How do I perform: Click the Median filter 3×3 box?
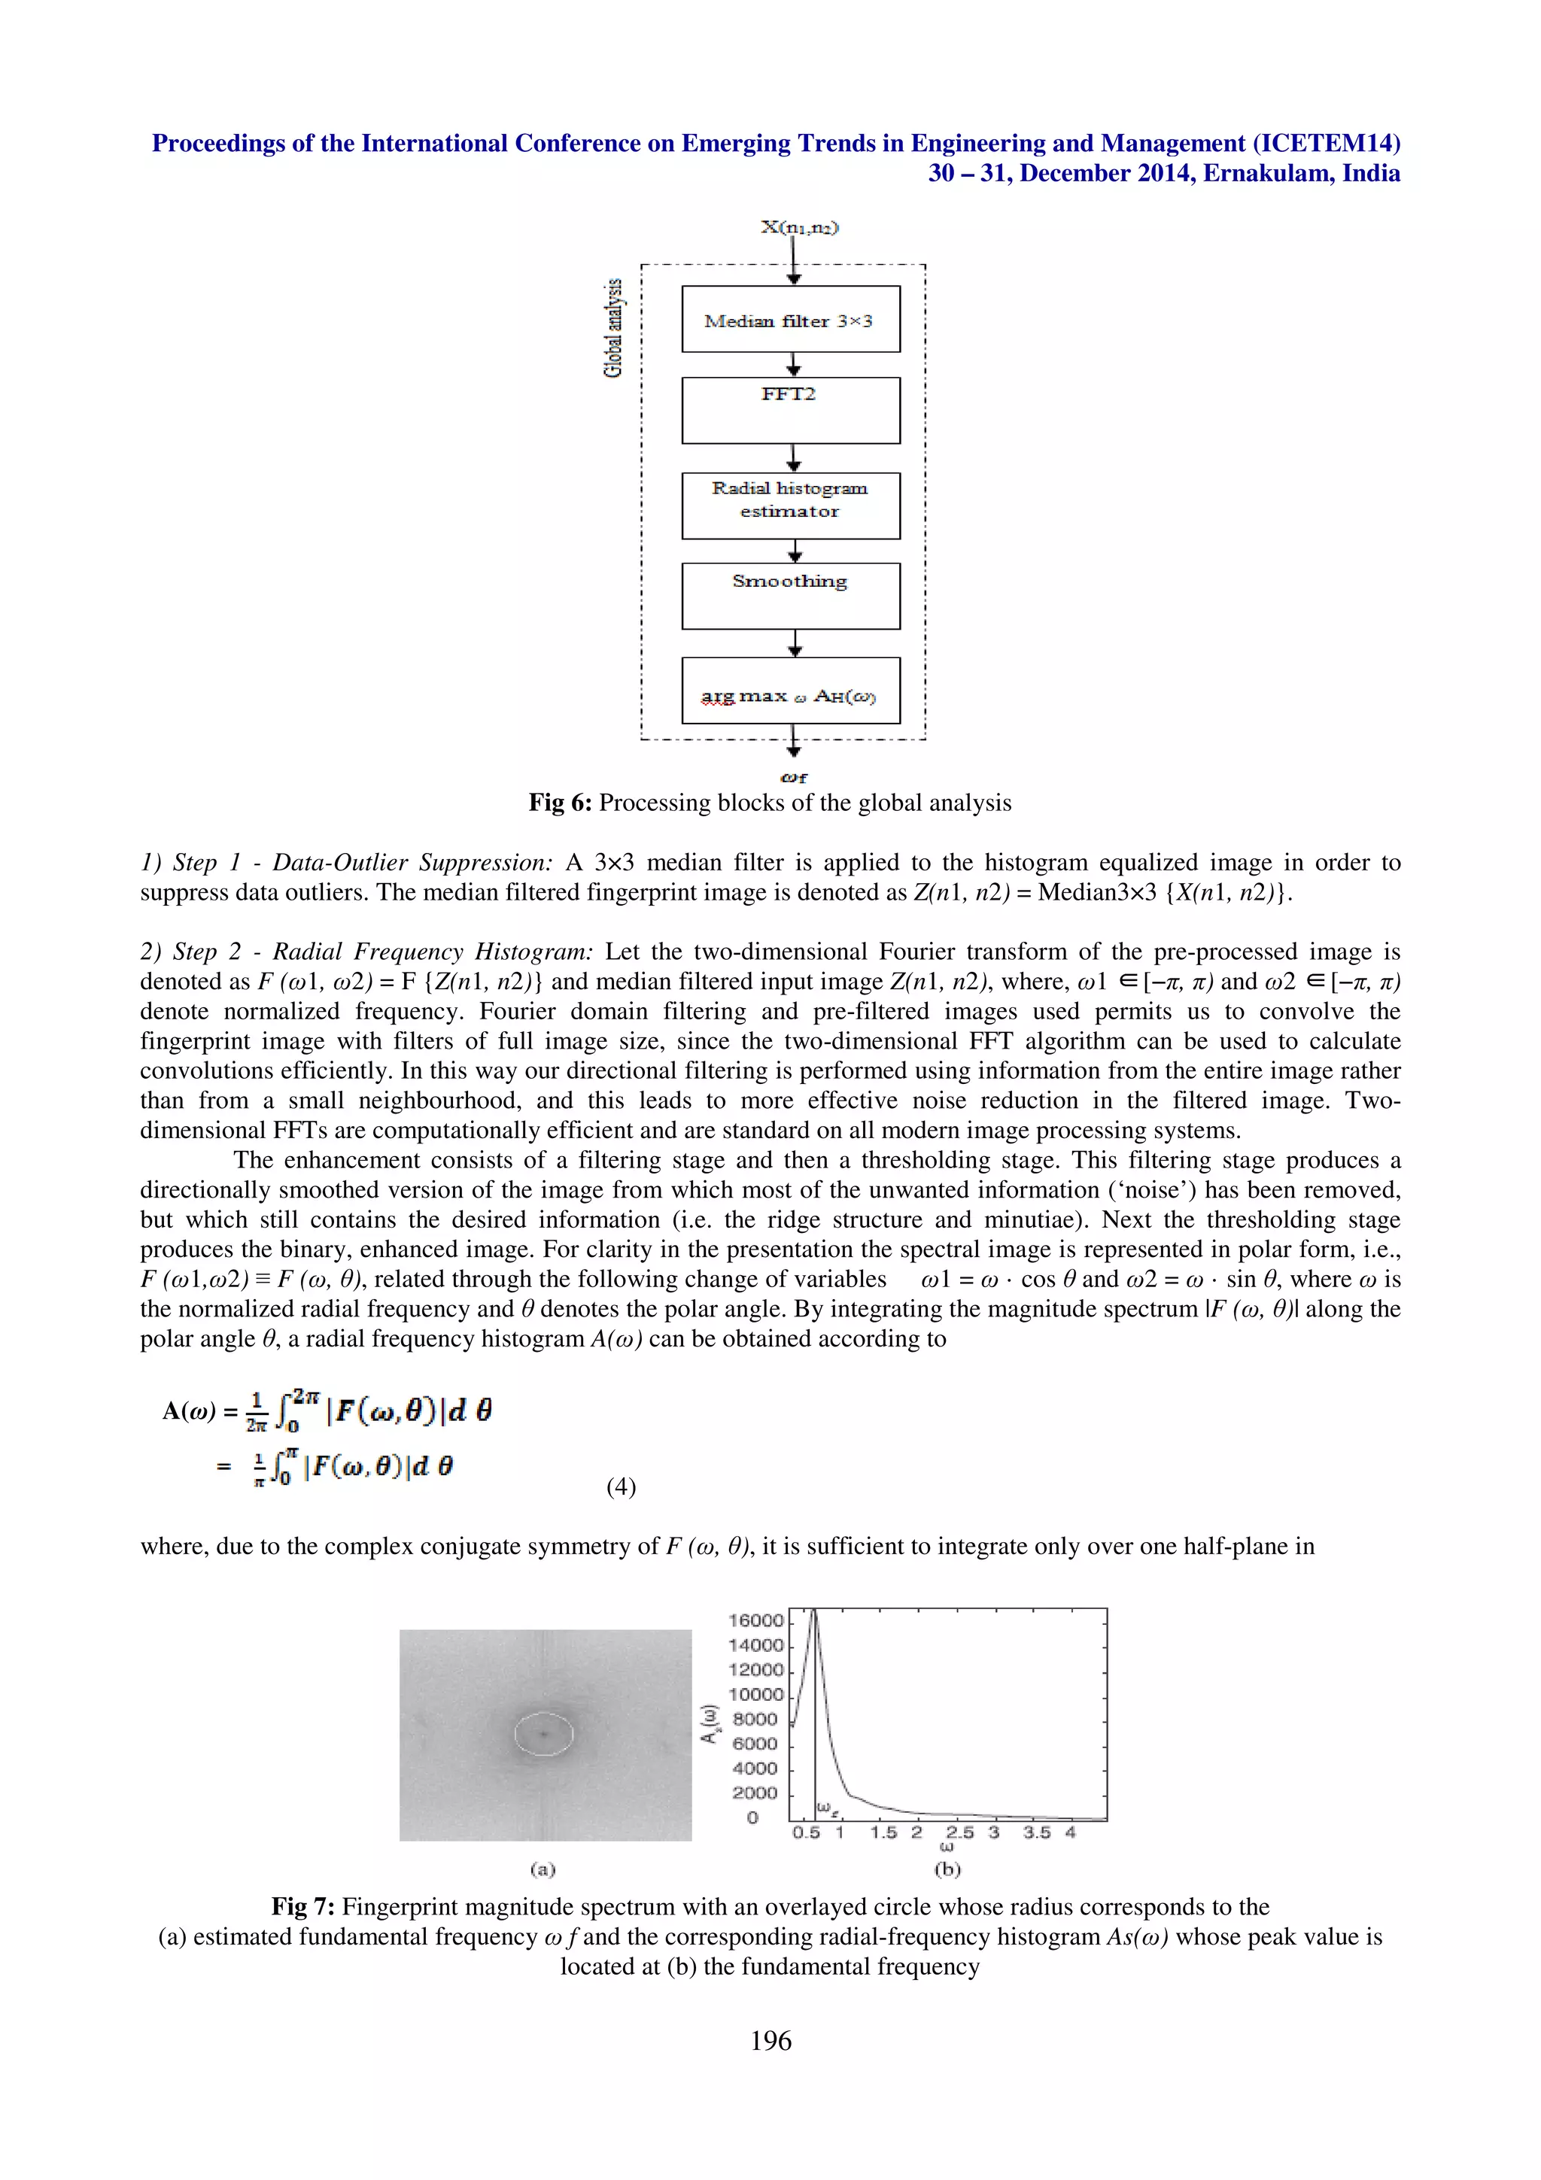[x=790, y=320]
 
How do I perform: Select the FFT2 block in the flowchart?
[x=790, y=410]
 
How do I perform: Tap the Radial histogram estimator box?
[x=790, y=505]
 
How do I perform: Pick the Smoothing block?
[x=790, y=595]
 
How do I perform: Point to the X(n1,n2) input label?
[x=799, y=227]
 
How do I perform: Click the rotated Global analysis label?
[x=614, y=327]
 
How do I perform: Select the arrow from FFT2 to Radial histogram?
[x=794, y=457]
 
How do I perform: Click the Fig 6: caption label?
[x=560, y=803]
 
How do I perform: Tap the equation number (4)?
[x=621, y=1487]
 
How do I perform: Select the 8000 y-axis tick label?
[x=755, y=1720]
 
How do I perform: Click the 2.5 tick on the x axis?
[x=959, y=1832]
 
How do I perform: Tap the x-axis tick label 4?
[x=1070, y=1832]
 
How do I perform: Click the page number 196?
[x=770, y=2040]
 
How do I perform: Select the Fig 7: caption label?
[x=303, y=1906]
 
